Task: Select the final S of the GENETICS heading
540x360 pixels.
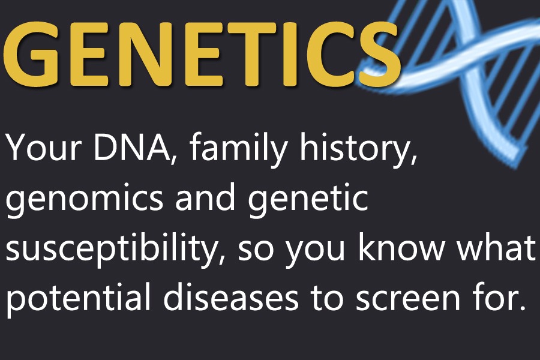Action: click(x=378, y=54)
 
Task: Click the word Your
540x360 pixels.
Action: click(x=44, y=148)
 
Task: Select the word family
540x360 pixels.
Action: click(x=238, y=149)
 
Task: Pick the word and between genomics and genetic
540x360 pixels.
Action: click(x=205, y=196)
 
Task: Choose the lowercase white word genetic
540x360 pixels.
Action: click(x=308, y=199)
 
